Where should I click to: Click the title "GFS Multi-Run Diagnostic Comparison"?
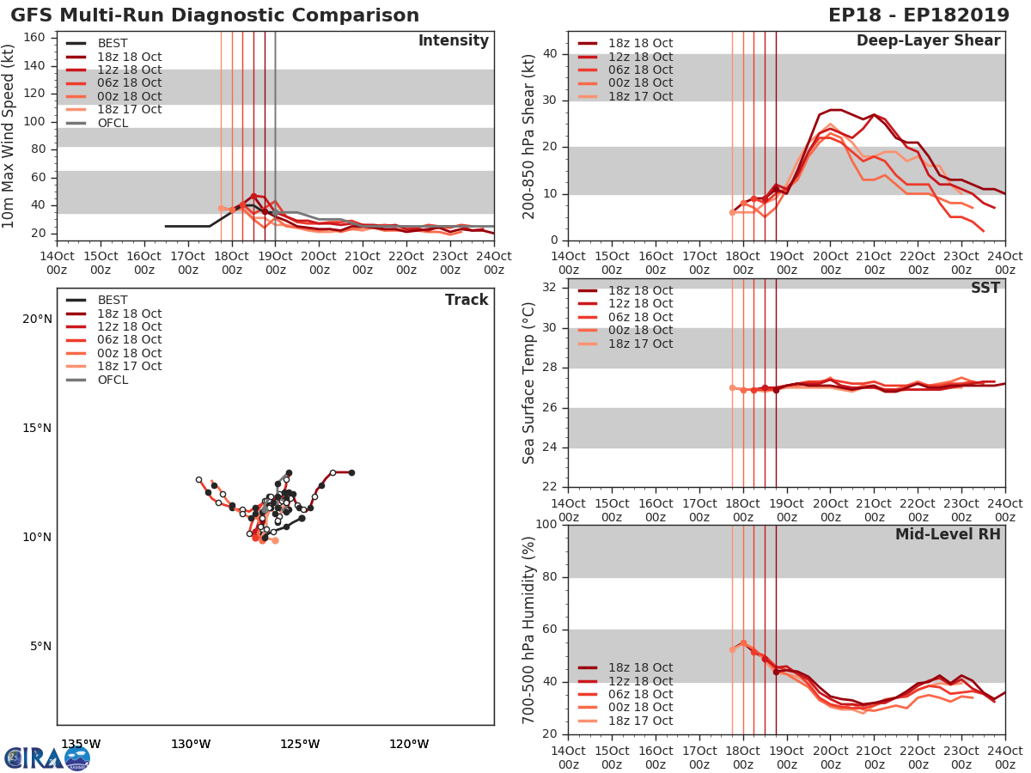(215, 15)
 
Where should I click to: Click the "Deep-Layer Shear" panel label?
(928, 41)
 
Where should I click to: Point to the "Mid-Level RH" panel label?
(947, 534)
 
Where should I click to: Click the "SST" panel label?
(985, 288)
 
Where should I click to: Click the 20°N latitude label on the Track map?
(37, 319)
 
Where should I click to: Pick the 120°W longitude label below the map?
(409, 744)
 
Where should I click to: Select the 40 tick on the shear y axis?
(550, 53)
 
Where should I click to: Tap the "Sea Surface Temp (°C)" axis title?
(530, 383)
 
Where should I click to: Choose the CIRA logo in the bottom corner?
(47, 758)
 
